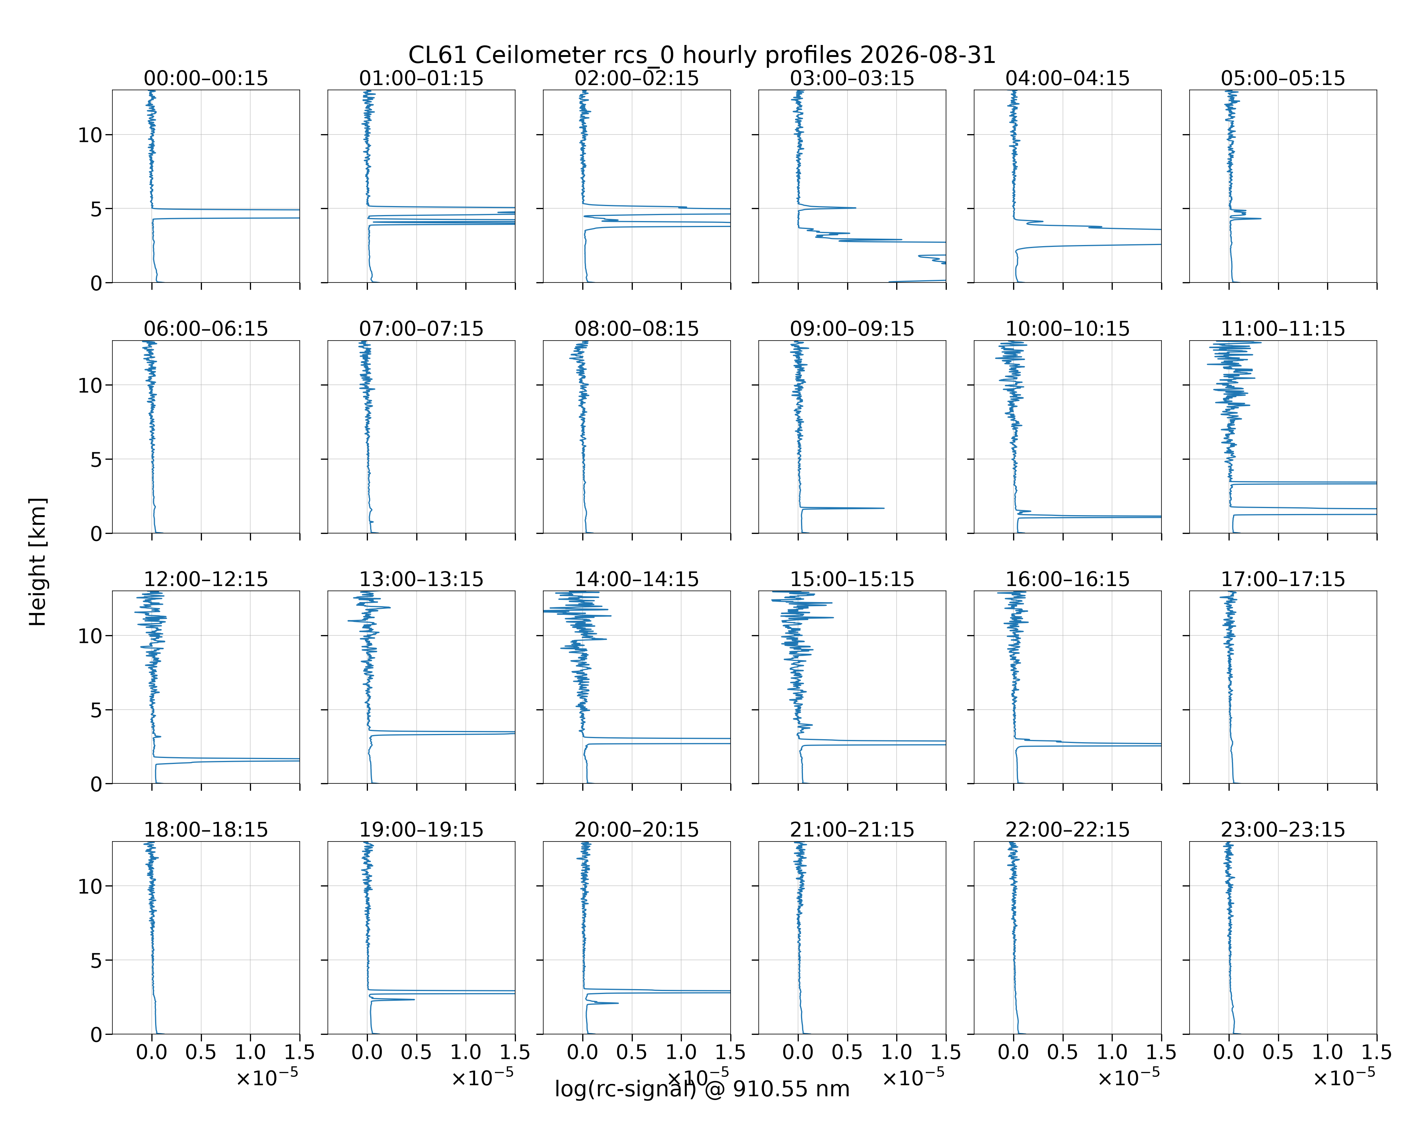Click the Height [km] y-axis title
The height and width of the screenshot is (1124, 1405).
tap(38, 562)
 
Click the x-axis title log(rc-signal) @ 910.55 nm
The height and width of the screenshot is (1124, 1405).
tap(702, 1089)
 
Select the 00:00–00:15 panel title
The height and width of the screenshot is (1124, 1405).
tap(206, 78)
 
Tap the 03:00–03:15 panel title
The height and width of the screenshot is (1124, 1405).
tap(852, 78)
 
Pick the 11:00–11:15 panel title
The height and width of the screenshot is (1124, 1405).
tap(1283, 329)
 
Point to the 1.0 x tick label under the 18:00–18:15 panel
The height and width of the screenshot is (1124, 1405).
tap(250, 1052)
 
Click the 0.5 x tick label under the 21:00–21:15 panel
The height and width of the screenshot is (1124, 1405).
tap(847, 1052)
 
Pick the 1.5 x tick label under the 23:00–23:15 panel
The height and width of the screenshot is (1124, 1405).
tap(1376, 1052)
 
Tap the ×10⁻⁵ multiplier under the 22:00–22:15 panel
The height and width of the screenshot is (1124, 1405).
tap(1129, 1077)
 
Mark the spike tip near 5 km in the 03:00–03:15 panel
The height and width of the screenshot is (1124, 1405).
tap(856, 208)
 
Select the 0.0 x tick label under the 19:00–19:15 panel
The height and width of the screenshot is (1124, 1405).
tap(367, 1052)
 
